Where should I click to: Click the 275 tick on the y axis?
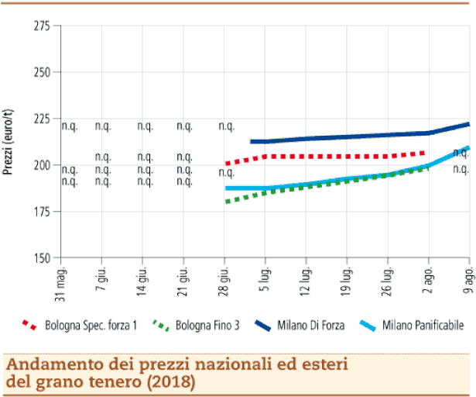pyautogui.click(x=42, y=26)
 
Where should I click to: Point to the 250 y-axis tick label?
pyautogui.click(x=42, y=72)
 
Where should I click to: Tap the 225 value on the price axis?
pyautogui.click(x=42, y=119)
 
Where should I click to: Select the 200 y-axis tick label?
pyautogui.click(x=42, y=165)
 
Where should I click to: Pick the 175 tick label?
pyautogui.click(x=42, y=212)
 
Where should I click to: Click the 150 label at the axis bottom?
pyautogui.click(x=42, y=258)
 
